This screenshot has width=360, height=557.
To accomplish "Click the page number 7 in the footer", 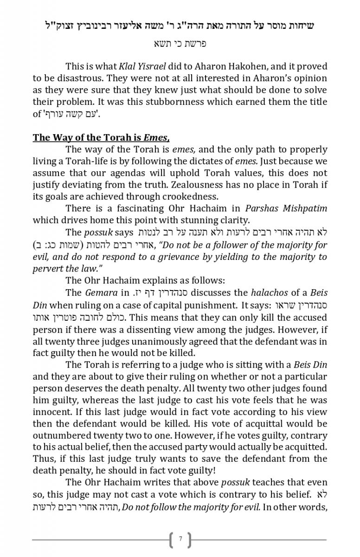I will pyautogui.click(x=180, y=539).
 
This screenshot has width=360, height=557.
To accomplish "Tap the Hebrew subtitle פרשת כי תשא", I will pyautogui.click(x=180, y=44).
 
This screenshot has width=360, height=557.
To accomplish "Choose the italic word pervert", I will pyautogui.click(x=47, y=268).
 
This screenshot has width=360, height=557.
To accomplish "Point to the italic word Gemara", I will pyautogui.click(x=101, y=293).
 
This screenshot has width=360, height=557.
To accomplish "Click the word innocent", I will pyautogui.click(x=52, y=412).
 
